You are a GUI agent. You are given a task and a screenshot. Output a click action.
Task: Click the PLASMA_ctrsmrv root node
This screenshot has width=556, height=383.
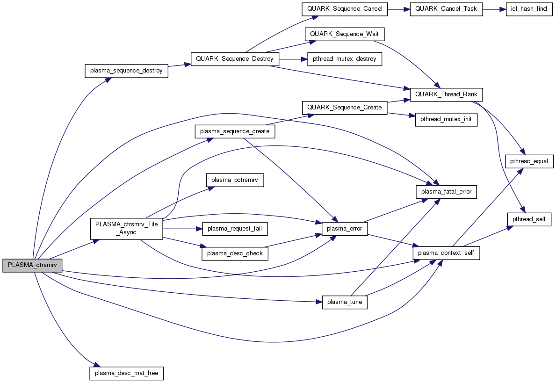[32, 265]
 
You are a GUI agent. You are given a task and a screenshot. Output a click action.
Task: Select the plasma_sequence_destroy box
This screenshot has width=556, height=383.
[126, 71]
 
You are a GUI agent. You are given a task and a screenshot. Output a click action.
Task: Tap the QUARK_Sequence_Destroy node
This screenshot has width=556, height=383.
[235, 59]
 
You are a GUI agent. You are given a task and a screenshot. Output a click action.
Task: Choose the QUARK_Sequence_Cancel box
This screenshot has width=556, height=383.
[345, 9]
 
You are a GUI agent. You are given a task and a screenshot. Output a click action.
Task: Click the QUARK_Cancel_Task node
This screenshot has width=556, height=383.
[446, 9]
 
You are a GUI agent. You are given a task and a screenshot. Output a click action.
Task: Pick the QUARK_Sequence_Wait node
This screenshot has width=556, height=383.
[345, 35]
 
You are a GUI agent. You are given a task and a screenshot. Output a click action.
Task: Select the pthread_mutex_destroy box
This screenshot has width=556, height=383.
[345, 59]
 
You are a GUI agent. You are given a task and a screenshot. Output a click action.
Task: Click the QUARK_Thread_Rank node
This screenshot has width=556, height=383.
[446, 94]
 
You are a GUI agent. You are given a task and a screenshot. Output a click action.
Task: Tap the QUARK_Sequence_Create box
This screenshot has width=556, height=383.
[345, 107]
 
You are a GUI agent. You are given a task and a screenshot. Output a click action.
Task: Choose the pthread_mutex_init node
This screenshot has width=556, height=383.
[446, 120]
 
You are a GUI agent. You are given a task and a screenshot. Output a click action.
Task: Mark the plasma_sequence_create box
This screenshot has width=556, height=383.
[235, 131]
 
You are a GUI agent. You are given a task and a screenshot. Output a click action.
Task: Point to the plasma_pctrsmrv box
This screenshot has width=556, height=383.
[235, 180]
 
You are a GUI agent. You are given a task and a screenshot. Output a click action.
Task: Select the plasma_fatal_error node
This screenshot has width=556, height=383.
[446, 192]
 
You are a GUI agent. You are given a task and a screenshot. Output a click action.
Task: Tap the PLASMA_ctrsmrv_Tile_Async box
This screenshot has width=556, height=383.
[126, 228]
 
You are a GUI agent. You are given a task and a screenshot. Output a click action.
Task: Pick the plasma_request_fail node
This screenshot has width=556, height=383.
[235, 229]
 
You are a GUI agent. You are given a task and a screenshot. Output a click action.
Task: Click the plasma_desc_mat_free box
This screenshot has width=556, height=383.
[126, 373]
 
